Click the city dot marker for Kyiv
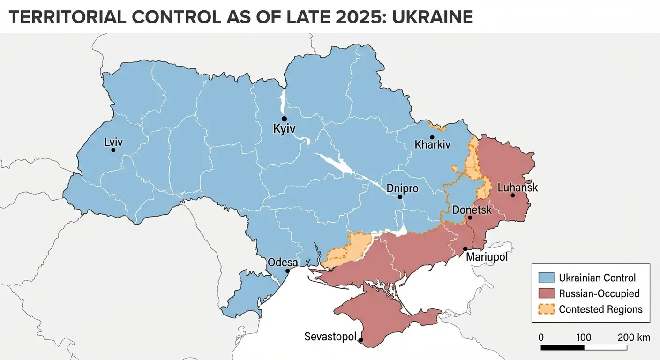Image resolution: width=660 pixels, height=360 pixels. [x=284, y=119]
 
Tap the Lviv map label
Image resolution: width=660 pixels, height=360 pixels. [x=112, y=142]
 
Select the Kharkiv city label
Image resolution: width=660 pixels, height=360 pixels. [x=432, y=145]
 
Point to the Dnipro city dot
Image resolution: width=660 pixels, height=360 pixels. [x=400, y=197]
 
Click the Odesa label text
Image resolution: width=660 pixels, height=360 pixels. [x=282, y=262]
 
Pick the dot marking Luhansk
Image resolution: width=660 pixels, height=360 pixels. [x=513, y=195]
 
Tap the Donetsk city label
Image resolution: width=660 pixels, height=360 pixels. [x=472, y=210]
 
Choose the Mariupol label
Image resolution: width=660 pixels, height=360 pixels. [x=487, y=257]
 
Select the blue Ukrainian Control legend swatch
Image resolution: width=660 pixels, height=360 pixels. [x=547, y=277]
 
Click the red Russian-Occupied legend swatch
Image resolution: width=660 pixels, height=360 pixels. [x=547, y=293]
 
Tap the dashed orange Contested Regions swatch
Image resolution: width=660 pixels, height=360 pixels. [x=547, y=309]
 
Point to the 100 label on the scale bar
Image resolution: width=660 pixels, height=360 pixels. [x=584, y=337]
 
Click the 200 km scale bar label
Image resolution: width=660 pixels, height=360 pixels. [x=634, y=337]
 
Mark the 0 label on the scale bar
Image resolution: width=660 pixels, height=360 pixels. [x=541, y=337]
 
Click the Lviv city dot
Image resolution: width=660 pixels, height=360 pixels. [x=113, y=150]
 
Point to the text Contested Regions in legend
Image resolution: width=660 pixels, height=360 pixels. [x=600, y=309]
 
